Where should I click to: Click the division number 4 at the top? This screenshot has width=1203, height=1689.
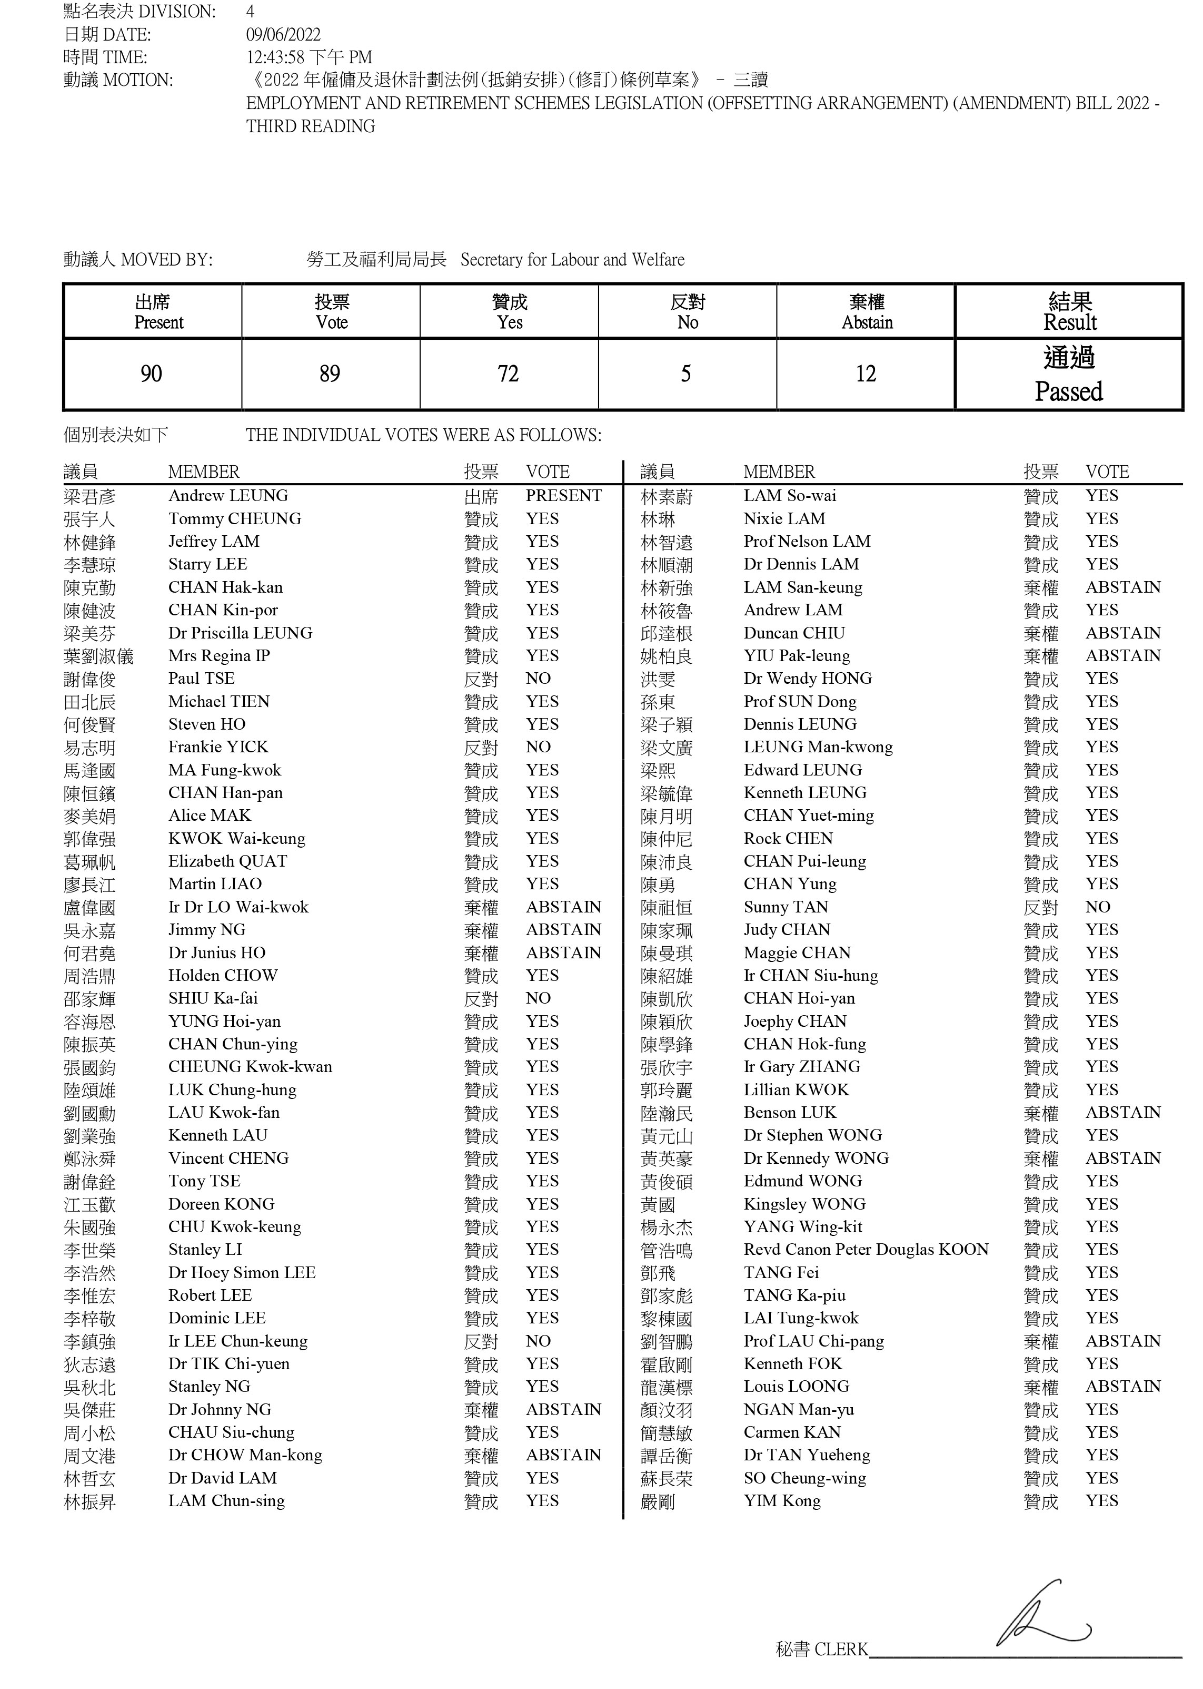click(x=251, y=12)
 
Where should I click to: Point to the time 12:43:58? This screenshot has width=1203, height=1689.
click(x=275, y=58)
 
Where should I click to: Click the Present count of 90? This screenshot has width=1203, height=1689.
click(x=151, y=374)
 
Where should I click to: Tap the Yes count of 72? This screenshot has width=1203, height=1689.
click(x=508, y=374)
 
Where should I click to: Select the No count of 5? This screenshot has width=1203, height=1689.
click(x=686, y=374)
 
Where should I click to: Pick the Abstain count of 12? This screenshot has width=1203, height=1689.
click(x=865, y=374)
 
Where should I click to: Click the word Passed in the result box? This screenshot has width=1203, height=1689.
click(x=1068, y=391)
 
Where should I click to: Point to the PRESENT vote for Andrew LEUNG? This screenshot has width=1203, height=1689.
click(x=564, y=496)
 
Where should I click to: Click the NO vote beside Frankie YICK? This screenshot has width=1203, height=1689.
click(x=539, y=747)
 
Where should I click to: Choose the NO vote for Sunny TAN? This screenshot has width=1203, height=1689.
click(x=1098, y=907)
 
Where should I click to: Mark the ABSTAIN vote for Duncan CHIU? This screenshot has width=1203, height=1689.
click(x=1123, y=633)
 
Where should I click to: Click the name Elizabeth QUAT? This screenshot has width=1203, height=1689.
click(x=227, y=861)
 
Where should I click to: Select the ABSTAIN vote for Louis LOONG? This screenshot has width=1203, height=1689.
click(x=1123, y=1387)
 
